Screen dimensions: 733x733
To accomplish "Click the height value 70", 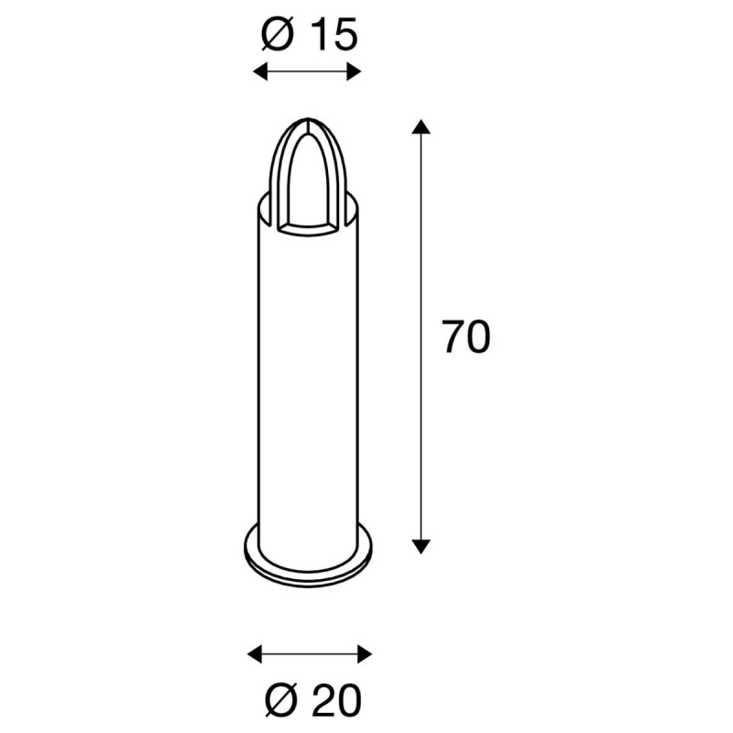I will (x=466, y=337).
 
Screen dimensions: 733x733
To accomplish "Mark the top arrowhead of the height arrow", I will (x=421, y=126).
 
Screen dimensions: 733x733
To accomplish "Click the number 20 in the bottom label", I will (x=336, y=701).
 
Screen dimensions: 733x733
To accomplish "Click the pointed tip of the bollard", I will (x=308, y=120).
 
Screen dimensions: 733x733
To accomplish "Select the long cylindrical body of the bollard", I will (x=308, y=385).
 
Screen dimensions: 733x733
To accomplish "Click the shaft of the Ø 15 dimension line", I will (x=308, y=72).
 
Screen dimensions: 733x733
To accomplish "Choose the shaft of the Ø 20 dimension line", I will (x=312, y=653).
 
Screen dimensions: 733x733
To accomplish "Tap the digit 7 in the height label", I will (x=453, y=337).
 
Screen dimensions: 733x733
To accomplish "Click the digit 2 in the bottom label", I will (x=322, y=701).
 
